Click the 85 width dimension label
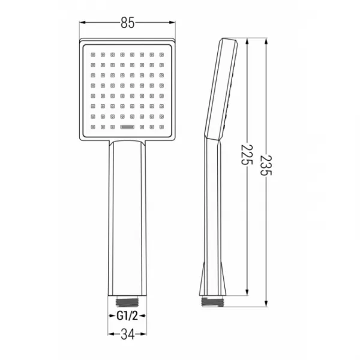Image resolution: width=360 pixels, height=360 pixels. click(127, 23)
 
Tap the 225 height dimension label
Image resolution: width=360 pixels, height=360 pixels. click(247, 155)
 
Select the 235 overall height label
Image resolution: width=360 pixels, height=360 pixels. click(266, 166)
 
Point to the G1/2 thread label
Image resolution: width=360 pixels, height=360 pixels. click(127, 316)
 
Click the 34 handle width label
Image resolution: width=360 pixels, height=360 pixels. click(127, 334)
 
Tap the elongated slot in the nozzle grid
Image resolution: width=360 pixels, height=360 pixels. click(127, 127)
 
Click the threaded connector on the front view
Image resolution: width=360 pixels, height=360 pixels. click(127, 302)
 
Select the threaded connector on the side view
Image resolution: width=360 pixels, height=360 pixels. click(212, 302)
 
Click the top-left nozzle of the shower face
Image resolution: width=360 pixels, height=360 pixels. click(93, 55)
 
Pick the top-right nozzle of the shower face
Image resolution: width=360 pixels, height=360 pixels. click(161, 55)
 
